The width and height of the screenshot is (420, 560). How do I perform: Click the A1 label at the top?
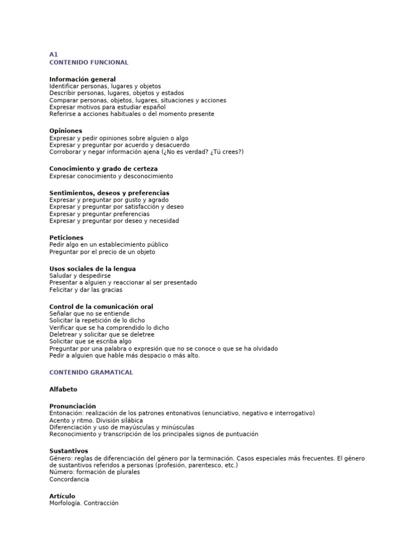click(x=54, y=55)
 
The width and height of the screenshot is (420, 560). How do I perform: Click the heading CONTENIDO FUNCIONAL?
click(x=89, y=62)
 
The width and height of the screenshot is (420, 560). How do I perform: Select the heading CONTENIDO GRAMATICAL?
click(x=91, y=372)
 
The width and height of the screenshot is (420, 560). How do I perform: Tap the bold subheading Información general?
click(x=83, y=79)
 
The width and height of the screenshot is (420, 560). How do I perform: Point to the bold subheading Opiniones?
click(x=66, y=131)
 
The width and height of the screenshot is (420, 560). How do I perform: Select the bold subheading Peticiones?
click(x=66, y=238)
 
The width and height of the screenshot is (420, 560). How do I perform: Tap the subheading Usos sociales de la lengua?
click(x=92, y=269)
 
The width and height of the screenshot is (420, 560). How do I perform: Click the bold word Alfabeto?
click(x=63, y=389)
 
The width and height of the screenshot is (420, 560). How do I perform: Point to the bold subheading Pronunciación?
click(x=76, y=406)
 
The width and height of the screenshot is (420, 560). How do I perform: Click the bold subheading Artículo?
click(x=62, y=496)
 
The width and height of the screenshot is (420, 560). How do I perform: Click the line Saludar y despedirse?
click(x=80, y=276)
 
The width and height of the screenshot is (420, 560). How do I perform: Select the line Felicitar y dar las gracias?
click(x=86, y=290)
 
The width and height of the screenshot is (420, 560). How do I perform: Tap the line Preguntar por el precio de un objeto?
click(x=102, y=252)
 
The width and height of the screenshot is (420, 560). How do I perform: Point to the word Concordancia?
click(x=69, y=479)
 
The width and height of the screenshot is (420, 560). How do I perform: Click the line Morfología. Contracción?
click(x=84, y=503)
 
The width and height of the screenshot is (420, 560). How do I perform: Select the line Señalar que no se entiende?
click(x=90, y=313)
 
